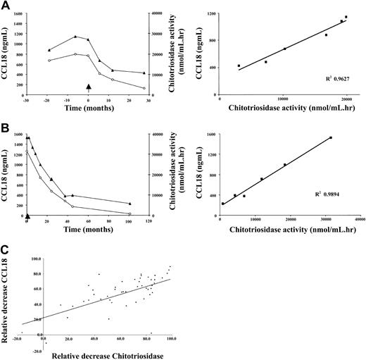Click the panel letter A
pos(6,6)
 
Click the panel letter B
pos(6,126)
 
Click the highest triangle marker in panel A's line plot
pos(75,37)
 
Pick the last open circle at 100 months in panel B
pos(130,213)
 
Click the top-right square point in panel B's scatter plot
pos(330,138)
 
